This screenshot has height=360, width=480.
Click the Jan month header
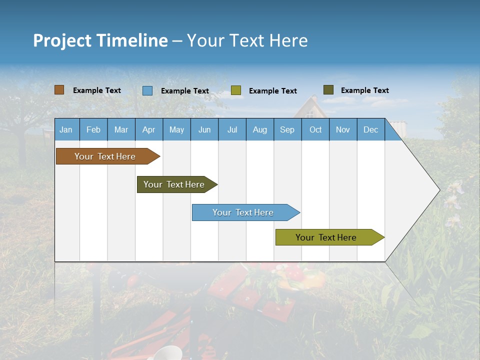(x=66, y=129)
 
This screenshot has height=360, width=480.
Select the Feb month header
(x=93, y=129)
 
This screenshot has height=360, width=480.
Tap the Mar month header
(x=121, y=129)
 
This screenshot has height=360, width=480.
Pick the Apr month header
(x=149, y=129)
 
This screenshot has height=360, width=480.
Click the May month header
(x=176, y=129)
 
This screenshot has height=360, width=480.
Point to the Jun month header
(x=204, y=129)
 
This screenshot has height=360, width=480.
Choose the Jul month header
(x=232, y=129)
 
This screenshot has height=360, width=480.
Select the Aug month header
(x=260, y=129)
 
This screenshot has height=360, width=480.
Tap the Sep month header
(x=287, y=129)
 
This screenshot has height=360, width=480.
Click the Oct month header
(x=315, y=129)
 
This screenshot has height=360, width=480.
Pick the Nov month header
(x=343, y=129)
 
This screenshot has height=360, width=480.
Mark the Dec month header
(x=371, y=129)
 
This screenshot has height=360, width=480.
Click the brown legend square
(x=59, y=90)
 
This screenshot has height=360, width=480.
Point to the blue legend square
(x=147, y=90)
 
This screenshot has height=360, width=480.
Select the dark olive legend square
(x=328, y=90)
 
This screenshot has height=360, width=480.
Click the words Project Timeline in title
(x=100, y=40)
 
